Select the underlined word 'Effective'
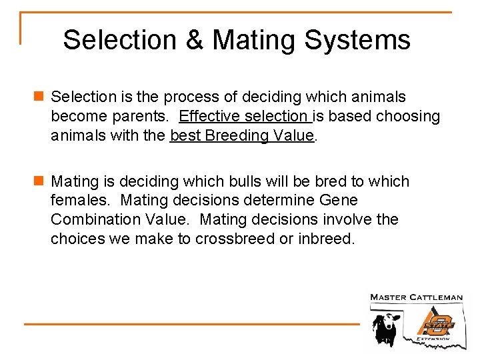pyautogui.click(x=209, y=117)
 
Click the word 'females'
pyautogui.click(x=78, y=200)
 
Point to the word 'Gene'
pyautogui.click(x=339, y=200)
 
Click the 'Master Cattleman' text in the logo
pyautogui.click(x=417, y=297)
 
